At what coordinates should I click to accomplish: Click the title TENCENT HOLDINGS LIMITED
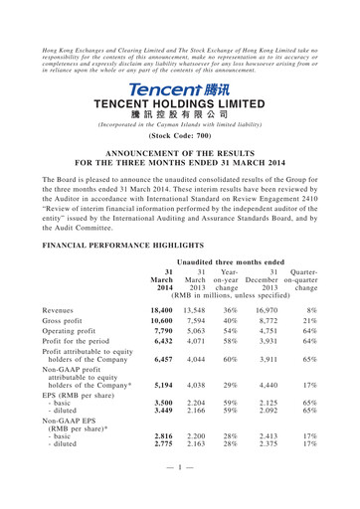tap(179, 104)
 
